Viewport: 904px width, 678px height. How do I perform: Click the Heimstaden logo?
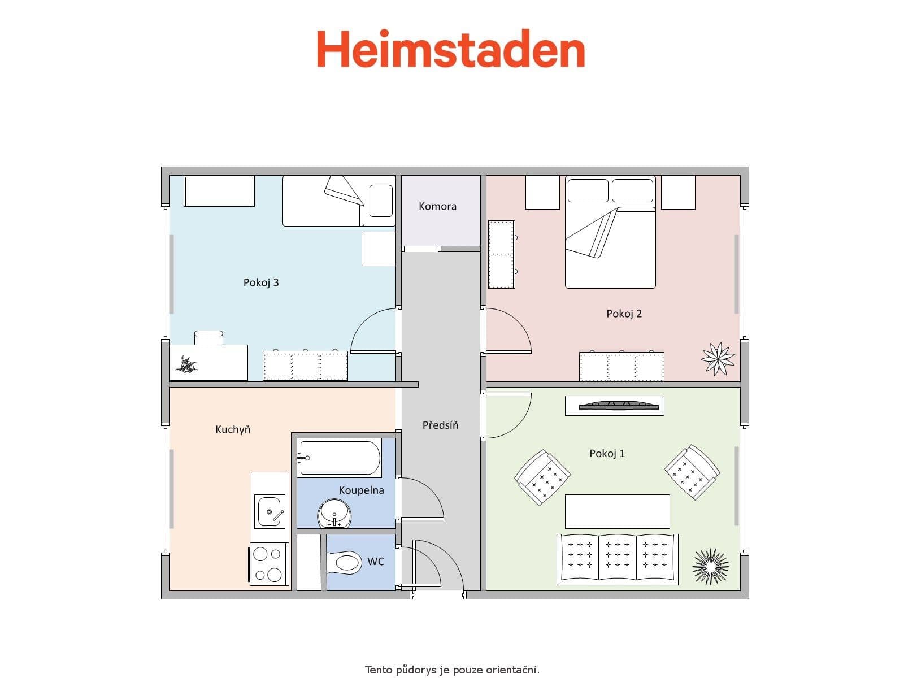(x=450, y=49)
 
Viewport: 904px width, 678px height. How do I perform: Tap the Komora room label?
(x=437, y=206)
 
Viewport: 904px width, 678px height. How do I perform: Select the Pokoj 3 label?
(x=261, y=282)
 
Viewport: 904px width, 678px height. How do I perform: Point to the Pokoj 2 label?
(x=624, y=314)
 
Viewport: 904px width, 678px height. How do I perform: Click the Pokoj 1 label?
(x=607, y=453)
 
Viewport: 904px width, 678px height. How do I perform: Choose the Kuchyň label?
(x=233, y=429)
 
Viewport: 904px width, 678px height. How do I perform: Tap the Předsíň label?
(x=440, y=425)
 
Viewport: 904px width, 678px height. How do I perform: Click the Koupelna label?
(x=361, y=490)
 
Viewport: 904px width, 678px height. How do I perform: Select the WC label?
(x=375, y=561)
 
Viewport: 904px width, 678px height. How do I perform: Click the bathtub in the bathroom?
(x=340, y=458)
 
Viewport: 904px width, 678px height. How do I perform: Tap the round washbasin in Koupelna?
(x=334, y=513)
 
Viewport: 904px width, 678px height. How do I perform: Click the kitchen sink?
(x=270, y=511)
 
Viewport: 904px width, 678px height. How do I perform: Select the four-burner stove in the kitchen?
(x=268, y=564)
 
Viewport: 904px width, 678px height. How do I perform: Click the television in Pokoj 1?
(x=619, y=405)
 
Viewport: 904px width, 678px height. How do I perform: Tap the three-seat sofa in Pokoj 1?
(x=617, y=558)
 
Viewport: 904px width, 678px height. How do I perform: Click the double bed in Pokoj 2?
(x=610, y=233)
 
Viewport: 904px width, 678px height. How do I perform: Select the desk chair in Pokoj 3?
(x=208, y=338)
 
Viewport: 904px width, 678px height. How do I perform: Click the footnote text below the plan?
(x=452, y=670)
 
